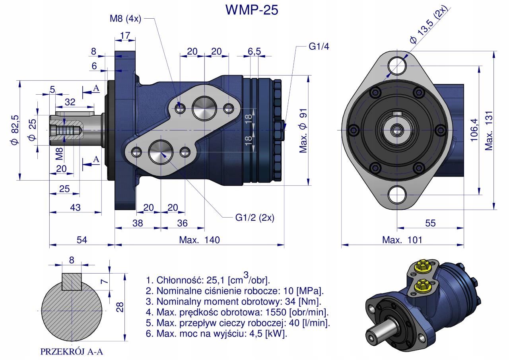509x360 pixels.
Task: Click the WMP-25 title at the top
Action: pyautogui.click(x=251, y=10)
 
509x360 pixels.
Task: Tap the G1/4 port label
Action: pyautogui.click(x=319, y=46)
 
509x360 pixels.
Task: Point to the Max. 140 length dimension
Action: pyautogui.click(x=199, y=239)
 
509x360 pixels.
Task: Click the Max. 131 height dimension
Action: pyautogui.click(x=489, y=130)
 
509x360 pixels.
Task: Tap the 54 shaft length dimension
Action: pyautogui.click(x=82, y=239)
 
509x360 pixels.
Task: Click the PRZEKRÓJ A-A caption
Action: pyautogui.click(x=72, y=352)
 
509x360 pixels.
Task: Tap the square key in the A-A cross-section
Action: pyautogui.click(x=72, y=281)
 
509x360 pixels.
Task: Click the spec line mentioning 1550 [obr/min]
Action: pyautogui.click(x=237, y=311)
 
